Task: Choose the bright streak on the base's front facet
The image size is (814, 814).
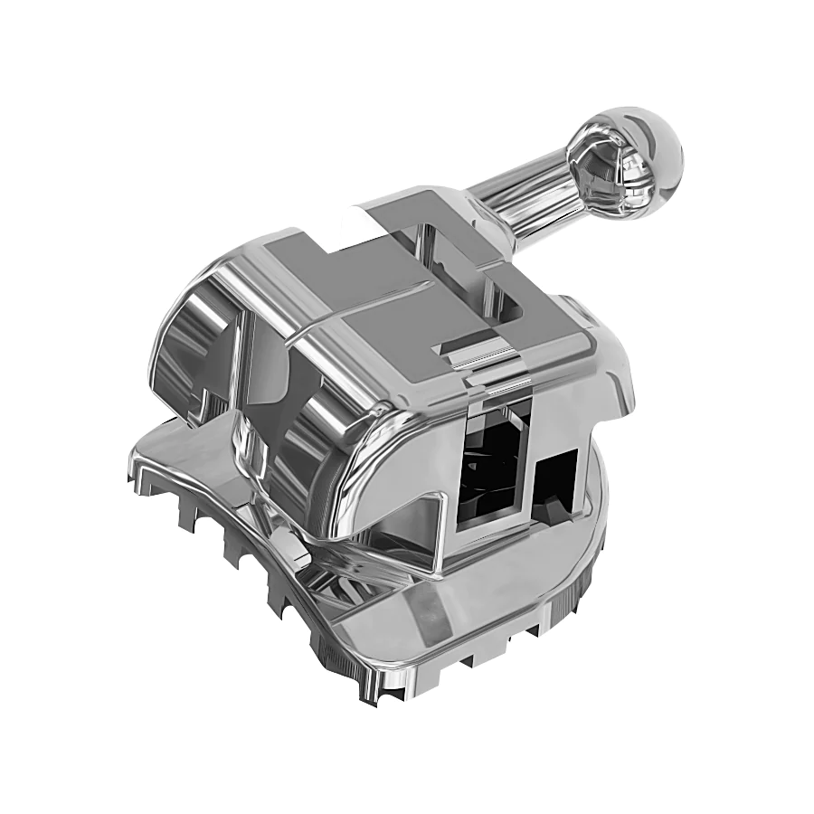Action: point(425,624)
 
